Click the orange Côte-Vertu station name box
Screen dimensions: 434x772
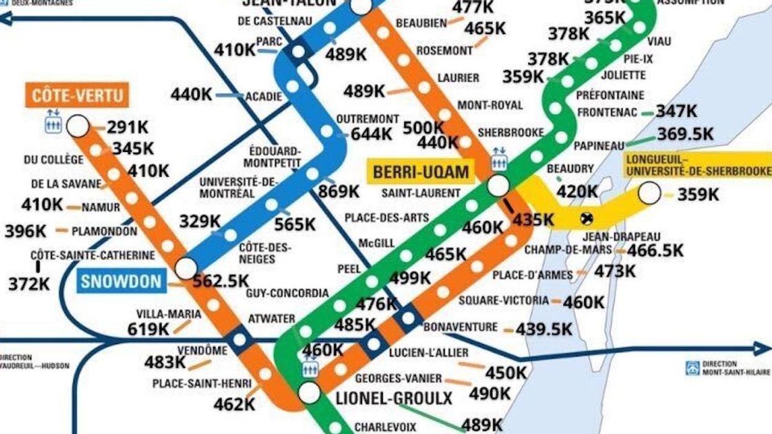tap(78, 95)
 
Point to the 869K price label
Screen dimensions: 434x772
tap(339, 192)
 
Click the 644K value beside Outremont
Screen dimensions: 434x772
tap(371, 133)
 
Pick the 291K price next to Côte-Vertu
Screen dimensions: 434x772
tap(128, 127)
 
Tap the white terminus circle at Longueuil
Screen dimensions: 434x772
tap(650, 193)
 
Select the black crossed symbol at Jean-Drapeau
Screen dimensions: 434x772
tap(585, 218)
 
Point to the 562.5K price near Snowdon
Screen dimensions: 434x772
tap(221, 281)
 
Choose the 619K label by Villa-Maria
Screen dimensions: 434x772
tap(148, 329)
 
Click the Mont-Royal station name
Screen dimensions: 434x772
tap(490, 105)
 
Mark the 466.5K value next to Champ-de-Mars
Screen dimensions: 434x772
tap(655, 250)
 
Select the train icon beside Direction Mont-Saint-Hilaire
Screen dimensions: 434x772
tap(693, 368)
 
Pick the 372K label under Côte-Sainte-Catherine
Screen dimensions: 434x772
tap(29, 284)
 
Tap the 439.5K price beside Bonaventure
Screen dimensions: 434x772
tap(544, 329)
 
